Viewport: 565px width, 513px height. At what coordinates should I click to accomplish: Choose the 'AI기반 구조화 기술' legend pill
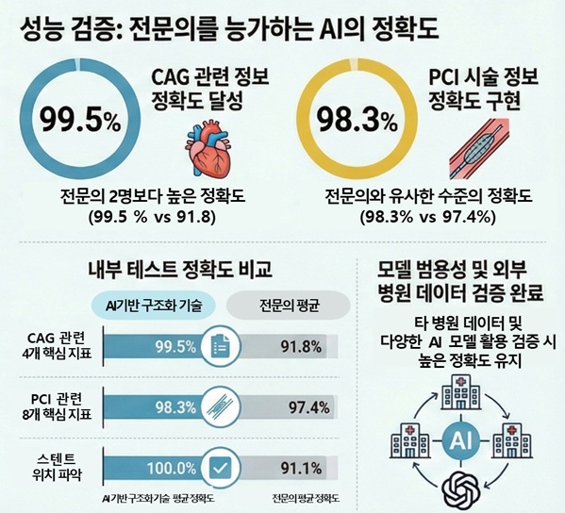click(155, 305)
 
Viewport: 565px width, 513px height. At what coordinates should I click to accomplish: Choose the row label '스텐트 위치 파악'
click(56, 467)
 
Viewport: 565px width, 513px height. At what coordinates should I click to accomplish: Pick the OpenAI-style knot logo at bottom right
click(463, 491)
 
